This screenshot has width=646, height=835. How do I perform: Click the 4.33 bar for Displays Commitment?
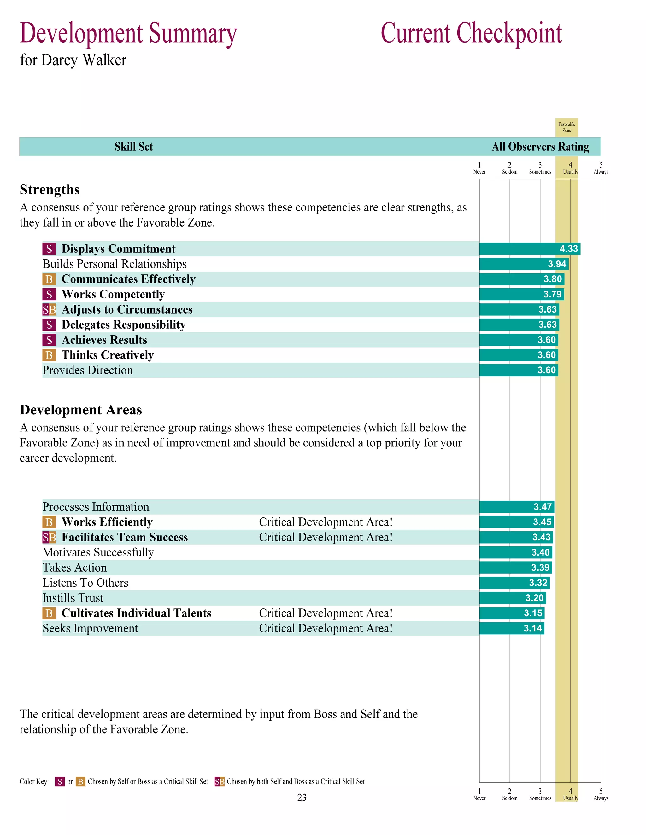point(529,249)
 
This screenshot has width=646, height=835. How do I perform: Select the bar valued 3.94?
point(524,264)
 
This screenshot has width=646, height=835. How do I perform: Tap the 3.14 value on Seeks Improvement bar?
point(533,628)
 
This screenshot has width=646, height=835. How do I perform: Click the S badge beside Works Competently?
point(49,294)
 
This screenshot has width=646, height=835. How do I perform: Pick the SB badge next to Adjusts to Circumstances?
point(49,309)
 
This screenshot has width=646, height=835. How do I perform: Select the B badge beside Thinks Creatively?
point(49,355)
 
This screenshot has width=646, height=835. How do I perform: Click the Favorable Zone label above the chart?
point(567,127)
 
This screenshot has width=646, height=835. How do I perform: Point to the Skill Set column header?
point(133,147)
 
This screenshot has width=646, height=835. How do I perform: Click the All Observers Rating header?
point(540,147)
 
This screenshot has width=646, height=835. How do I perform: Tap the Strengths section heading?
point(50,190)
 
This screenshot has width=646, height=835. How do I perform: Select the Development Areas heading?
point(81,410)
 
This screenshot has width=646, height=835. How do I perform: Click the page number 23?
point(302,797)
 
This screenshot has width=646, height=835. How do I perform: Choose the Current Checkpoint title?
point(471,34)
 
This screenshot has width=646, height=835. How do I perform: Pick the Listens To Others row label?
point(85,583)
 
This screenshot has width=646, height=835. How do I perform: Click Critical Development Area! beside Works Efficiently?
point(326,522)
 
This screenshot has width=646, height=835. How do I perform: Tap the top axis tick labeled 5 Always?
point(601,168)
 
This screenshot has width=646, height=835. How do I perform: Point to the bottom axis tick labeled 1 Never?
point(479,794)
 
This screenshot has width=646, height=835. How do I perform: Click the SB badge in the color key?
point(219,781)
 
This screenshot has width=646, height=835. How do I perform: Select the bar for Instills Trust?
point(512,598)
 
